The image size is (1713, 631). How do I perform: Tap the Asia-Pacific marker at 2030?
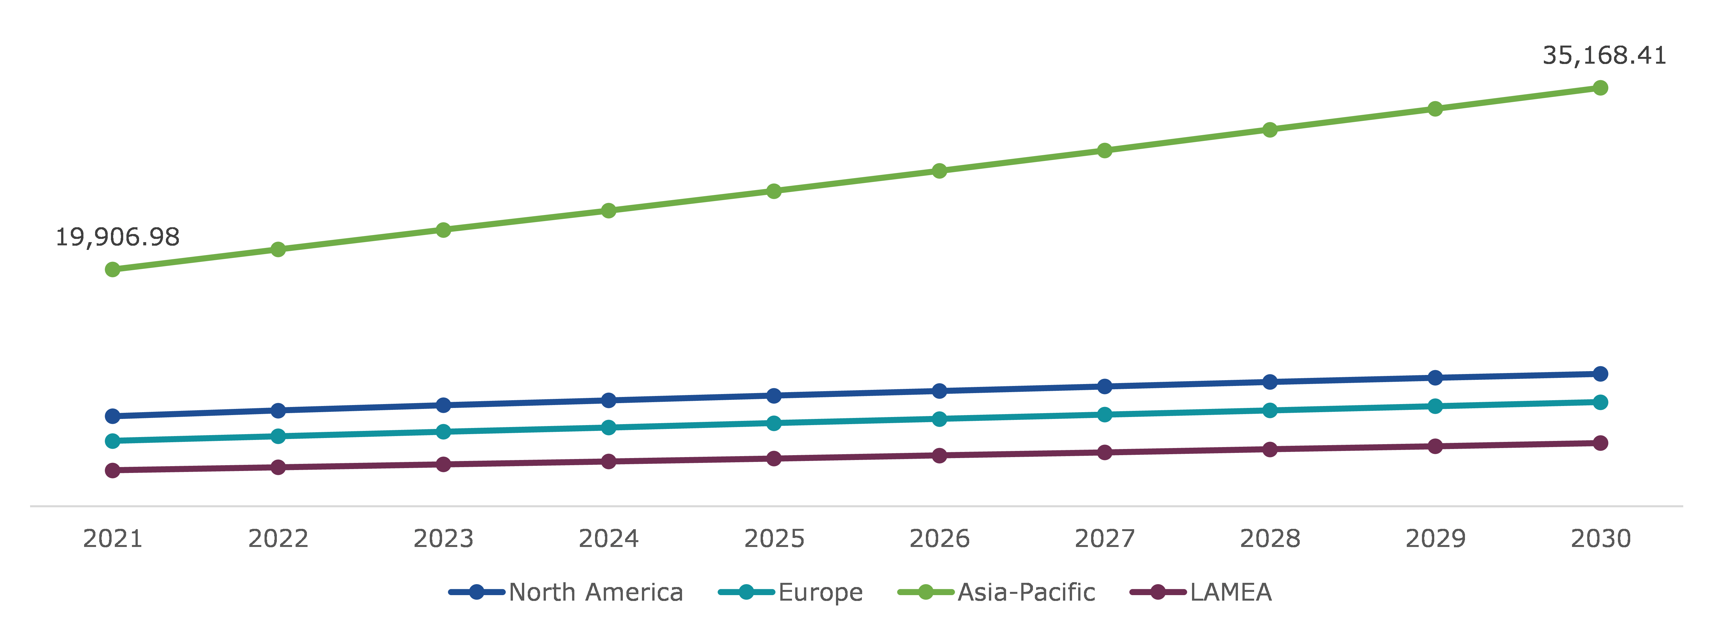pos(1600,88)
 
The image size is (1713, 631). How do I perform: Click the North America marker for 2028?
pos(1269,382)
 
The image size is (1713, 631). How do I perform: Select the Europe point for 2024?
pos(609,428)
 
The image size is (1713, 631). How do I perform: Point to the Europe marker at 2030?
pos(1600,402)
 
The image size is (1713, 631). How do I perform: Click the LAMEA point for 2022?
pos(278,467)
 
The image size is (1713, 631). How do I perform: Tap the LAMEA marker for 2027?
pos(1104,452)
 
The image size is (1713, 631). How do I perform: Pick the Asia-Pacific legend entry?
pos(996,592)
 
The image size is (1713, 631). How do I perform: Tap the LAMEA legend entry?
pos(1201,592)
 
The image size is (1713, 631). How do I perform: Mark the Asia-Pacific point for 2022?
pos(278,249)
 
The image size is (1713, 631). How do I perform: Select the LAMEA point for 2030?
pos(1600,443)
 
